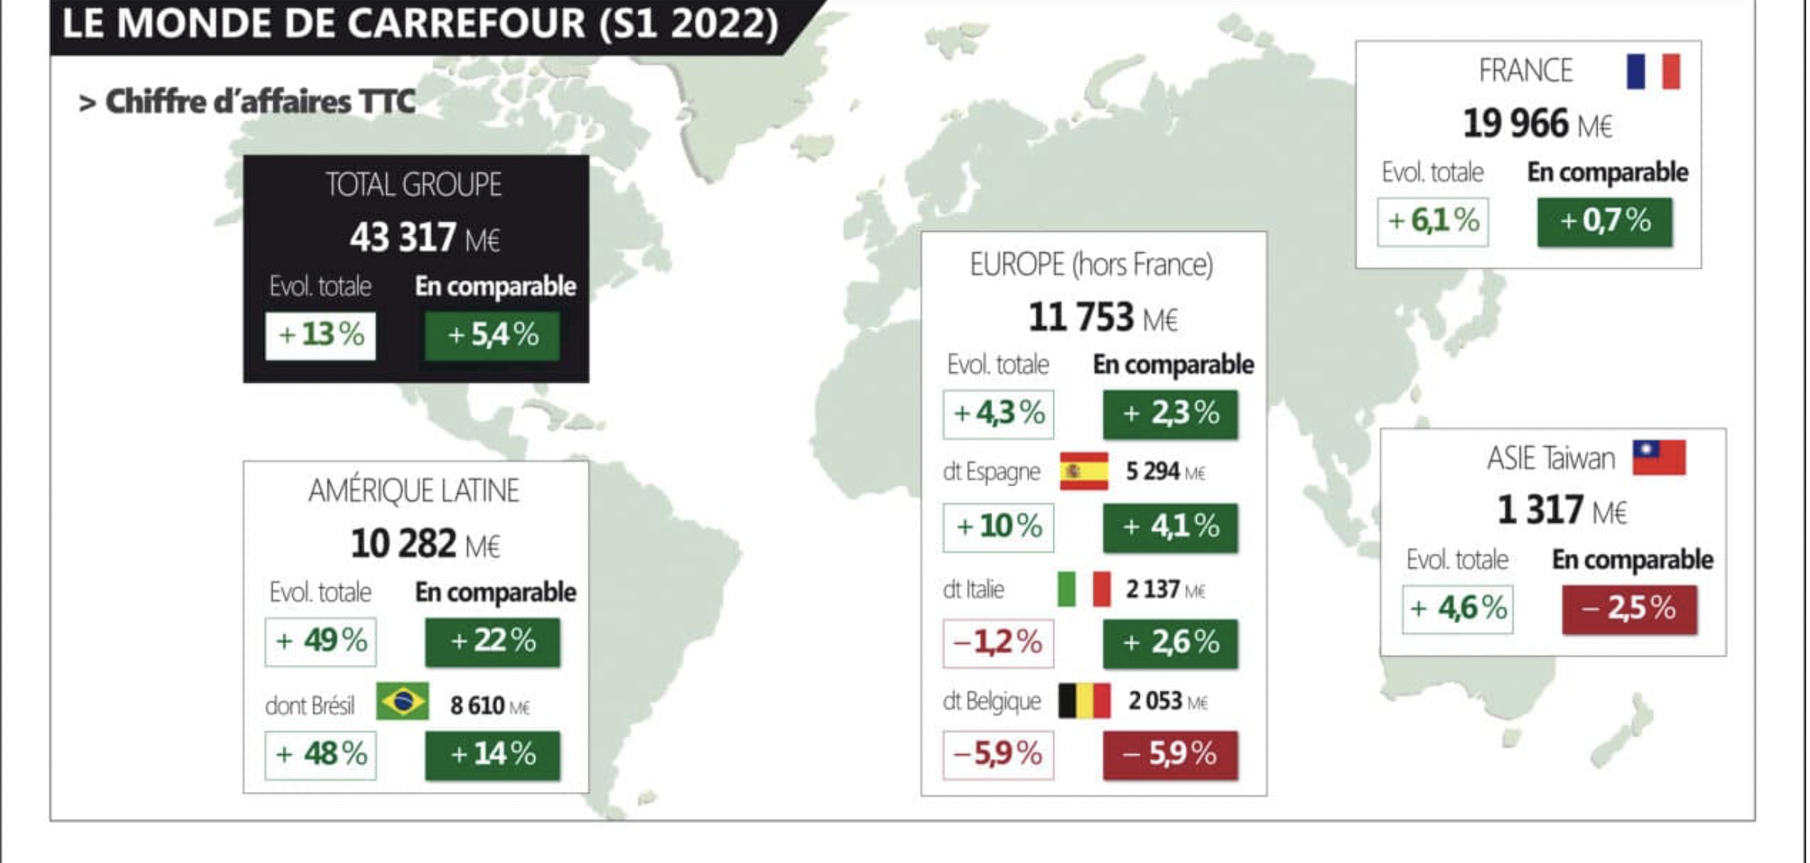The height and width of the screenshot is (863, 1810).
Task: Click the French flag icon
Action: (1652, 72)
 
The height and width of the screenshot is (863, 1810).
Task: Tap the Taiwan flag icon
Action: (1658, 457)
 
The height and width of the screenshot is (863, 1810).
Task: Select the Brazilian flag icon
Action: (402, 701)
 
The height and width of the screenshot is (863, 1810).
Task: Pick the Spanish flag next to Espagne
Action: (1083, 471)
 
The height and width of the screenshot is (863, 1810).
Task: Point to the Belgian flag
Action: (1083, 701)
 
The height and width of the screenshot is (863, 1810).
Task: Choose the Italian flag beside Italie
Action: (1083, 589)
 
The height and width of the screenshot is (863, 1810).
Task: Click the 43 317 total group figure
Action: (402, 237)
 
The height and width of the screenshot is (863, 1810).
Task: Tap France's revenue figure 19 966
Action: (1516, 124)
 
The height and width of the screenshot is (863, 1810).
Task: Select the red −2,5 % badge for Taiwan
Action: (1629, 609)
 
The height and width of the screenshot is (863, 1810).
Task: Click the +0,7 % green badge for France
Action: (1605, 222)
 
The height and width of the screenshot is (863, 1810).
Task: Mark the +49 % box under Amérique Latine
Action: (320, 641)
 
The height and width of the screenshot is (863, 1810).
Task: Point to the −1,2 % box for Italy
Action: (998, 642)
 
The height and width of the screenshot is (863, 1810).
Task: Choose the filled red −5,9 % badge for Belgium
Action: (1170, 754)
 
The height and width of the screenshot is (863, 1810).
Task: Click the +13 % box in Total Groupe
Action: (320, 335)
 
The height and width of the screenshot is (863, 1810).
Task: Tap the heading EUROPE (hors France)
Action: (1091, 265)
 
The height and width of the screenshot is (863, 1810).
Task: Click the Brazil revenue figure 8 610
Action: (477, 705)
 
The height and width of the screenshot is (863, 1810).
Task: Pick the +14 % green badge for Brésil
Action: (493, 754)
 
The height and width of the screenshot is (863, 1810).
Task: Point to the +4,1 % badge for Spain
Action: (1170, 527)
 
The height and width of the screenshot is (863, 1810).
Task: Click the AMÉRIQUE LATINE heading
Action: (414, 491)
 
